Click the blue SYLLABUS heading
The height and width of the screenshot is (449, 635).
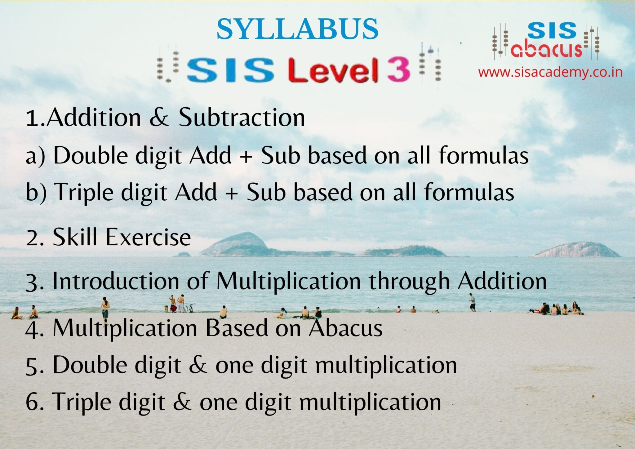tap(297, 29)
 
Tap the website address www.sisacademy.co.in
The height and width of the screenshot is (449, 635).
tap(550, 72)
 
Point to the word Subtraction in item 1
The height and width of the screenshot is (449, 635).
tap(242, 118)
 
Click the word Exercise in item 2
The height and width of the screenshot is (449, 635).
tap(148, 237)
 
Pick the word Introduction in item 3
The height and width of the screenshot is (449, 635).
tap(116, 281)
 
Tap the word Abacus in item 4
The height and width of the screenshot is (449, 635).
tap(345, 328)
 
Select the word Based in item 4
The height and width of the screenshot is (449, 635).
tap(237, 328)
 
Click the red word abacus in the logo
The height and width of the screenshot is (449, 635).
tap(546, 49)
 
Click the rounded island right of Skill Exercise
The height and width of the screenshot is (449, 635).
tap(239, 245)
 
